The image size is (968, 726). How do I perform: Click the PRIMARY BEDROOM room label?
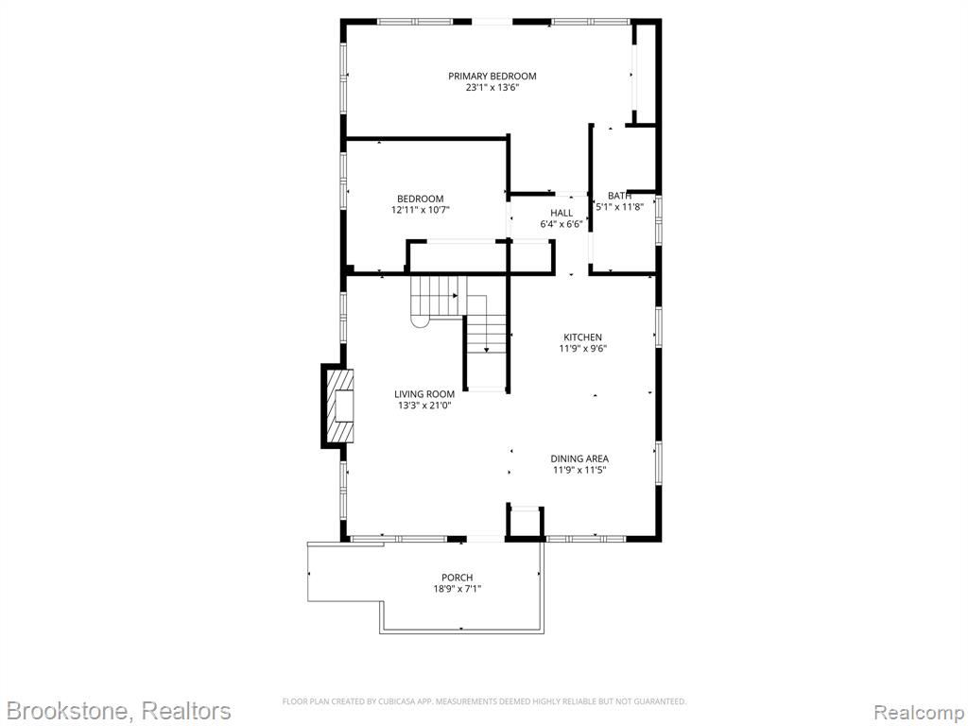tap(492, 76)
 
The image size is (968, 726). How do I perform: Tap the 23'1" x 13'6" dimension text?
tap(492, 88)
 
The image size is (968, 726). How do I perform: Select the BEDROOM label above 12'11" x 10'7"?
tap(420, 199)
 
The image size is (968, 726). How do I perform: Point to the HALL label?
tap(562, 213)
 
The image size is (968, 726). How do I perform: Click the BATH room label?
tap(619, 196)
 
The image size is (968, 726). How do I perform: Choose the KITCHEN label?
tap(582, 337)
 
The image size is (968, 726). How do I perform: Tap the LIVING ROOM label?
tap(424, 394)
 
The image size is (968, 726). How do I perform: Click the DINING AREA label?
tap(579, 458)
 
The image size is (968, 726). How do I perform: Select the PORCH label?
tap(457, 578)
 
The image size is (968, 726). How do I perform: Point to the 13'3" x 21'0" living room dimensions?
tap(424, 406)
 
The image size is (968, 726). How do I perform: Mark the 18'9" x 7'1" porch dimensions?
tap(457, 589)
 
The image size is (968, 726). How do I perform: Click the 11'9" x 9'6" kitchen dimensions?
tap(582, 349)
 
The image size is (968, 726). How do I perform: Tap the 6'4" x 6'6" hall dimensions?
tap(562, 224)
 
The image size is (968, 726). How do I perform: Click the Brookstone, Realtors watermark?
tap(119, 711)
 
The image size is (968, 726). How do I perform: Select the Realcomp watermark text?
tap(920, 713)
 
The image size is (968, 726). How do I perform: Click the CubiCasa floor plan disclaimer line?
tap(484, 701)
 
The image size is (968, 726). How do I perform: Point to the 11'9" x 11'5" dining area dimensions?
tap(579, 471)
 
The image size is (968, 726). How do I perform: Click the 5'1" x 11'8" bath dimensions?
tap(619, 207)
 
